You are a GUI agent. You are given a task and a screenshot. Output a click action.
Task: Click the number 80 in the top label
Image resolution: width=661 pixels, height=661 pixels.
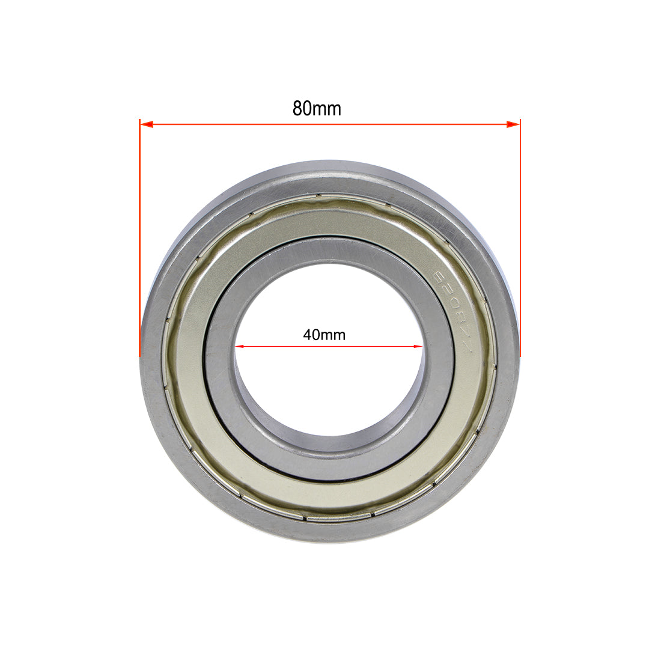[x=301, y=109]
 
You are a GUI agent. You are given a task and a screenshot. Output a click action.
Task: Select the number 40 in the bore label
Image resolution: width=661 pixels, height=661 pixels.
[x=312, y=335]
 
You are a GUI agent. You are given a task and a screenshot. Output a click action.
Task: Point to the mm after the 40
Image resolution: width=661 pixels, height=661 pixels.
[x=335, y=335]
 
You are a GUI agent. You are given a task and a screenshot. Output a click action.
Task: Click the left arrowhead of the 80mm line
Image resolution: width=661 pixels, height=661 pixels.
[x=147, y=124]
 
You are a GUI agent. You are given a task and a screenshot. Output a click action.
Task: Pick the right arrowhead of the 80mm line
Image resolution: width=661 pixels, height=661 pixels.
[x=513, y=124]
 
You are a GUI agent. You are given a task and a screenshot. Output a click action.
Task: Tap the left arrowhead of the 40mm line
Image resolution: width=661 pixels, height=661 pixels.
[x=240, y=346]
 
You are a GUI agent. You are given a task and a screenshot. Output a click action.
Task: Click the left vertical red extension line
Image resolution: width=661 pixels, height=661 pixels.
[x=139, y=240]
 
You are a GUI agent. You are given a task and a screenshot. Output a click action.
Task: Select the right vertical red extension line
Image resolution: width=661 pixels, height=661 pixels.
[x=520, y=240]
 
